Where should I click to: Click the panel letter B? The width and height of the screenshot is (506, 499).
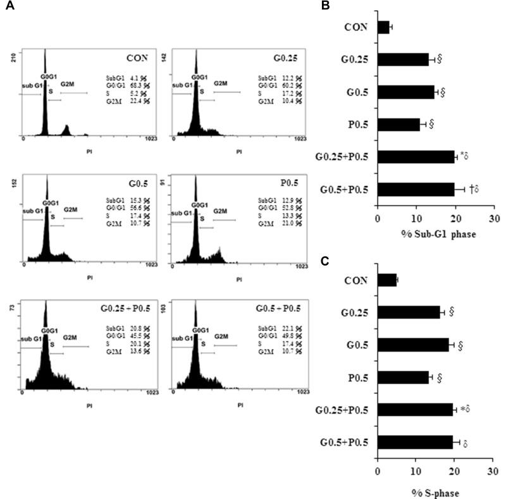[343, 5]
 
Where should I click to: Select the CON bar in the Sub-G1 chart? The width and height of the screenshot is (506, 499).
[383, 27]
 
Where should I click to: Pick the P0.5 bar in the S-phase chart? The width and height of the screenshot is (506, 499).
[402, 378]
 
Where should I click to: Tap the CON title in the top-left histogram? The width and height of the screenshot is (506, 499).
[135, 58]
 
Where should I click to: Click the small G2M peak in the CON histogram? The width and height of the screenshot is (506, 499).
[67, 130]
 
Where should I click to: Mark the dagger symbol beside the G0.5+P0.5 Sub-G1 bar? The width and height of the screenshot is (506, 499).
[472, 188]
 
